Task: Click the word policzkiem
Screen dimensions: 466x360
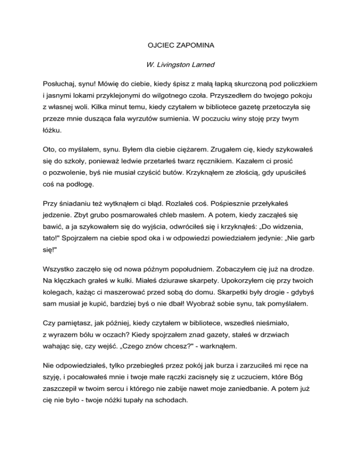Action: (298, 83)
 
